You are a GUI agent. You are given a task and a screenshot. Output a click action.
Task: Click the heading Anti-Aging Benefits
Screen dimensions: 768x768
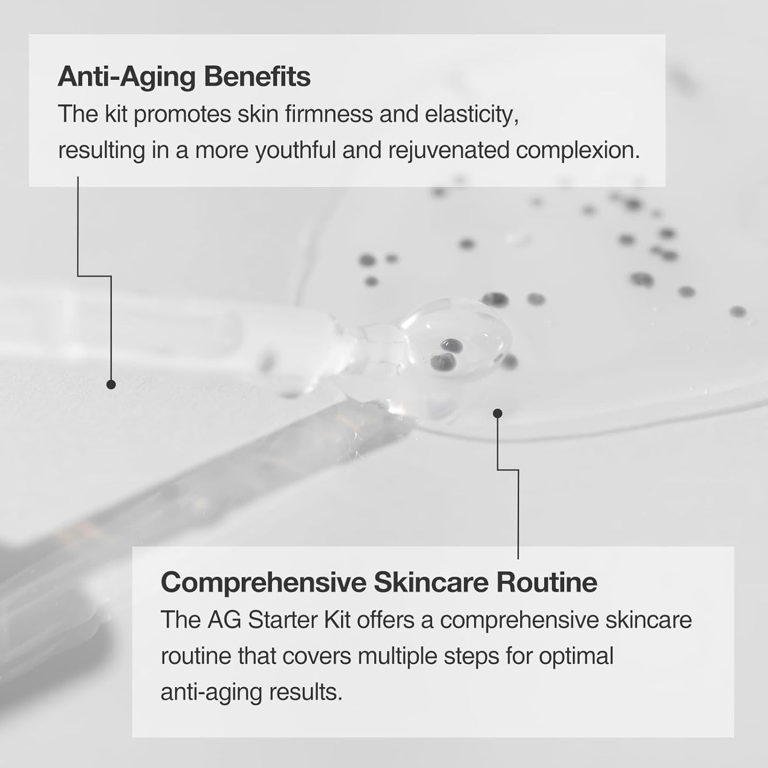[184, 77]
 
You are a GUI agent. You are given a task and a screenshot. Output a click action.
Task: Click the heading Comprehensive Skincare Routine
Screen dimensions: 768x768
[379, 583]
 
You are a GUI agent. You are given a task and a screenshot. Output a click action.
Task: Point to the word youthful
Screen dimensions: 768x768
[296, 151]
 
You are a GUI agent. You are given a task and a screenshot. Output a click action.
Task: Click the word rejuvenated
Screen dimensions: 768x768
[448, 151]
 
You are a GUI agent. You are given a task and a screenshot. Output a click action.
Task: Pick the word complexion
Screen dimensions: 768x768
[578, 151]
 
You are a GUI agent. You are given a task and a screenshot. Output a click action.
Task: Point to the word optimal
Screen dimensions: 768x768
[576, 656]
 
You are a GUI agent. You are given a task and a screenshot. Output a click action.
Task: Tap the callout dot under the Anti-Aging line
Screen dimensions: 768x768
[111, 384]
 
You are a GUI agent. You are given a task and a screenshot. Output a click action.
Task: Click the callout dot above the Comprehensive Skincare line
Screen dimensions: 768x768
[497, 413]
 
